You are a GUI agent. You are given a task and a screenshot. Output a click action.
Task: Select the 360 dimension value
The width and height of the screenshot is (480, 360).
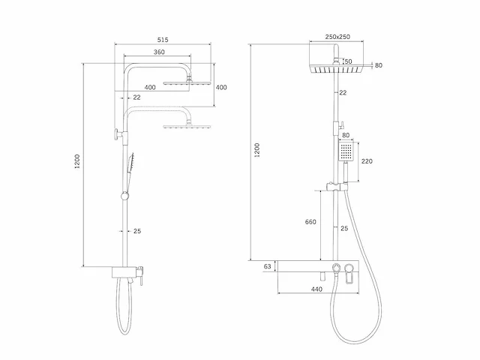(158, 52)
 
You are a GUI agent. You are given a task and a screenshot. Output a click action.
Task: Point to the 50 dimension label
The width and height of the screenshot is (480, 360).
(348, 61)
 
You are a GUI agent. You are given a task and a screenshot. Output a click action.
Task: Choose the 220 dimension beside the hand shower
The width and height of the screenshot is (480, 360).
(367, 161)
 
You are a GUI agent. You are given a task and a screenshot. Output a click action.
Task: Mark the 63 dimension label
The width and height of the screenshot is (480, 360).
(266, 266)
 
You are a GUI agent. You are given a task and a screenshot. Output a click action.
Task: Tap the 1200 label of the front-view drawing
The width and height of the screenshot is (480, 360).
(257, 150)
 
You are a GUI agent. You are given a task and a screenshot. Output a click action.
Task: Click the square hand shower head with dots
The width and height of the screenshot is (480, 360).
(346, 152)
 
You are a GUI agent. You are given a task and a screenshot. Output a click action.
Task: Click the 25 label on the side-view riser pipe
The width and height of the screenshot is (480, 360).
(136, 231)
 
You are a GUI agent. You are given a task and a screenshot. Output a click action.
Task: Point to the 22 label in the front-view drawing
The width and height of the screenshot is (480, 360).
(343, 93)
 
